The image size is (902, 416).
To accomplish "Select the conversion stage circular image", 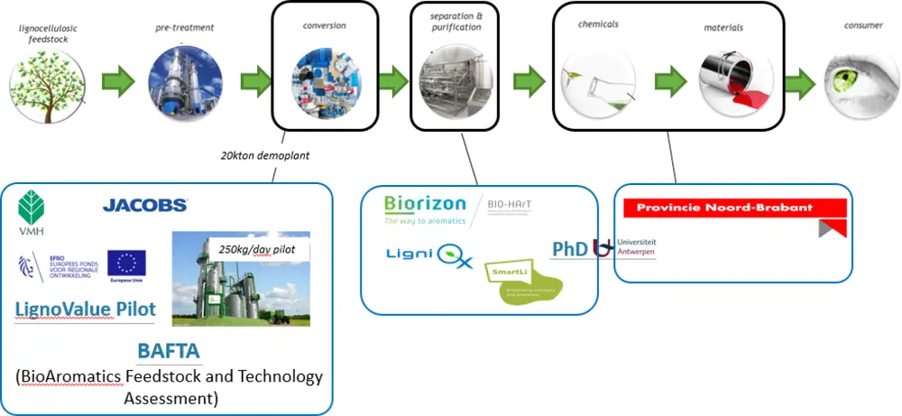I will (325, 80).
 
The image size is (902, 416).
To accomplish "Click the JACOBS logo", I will (145, 205).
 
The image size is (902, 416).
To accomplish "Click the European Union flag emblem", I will (126, 263).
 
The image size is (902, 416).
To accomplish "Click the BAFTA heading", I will (169, 350).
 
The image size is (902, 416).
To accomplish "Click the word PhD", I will (570, 248).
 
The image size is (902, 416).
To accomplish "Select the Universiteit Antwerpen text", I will (637, 247).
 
